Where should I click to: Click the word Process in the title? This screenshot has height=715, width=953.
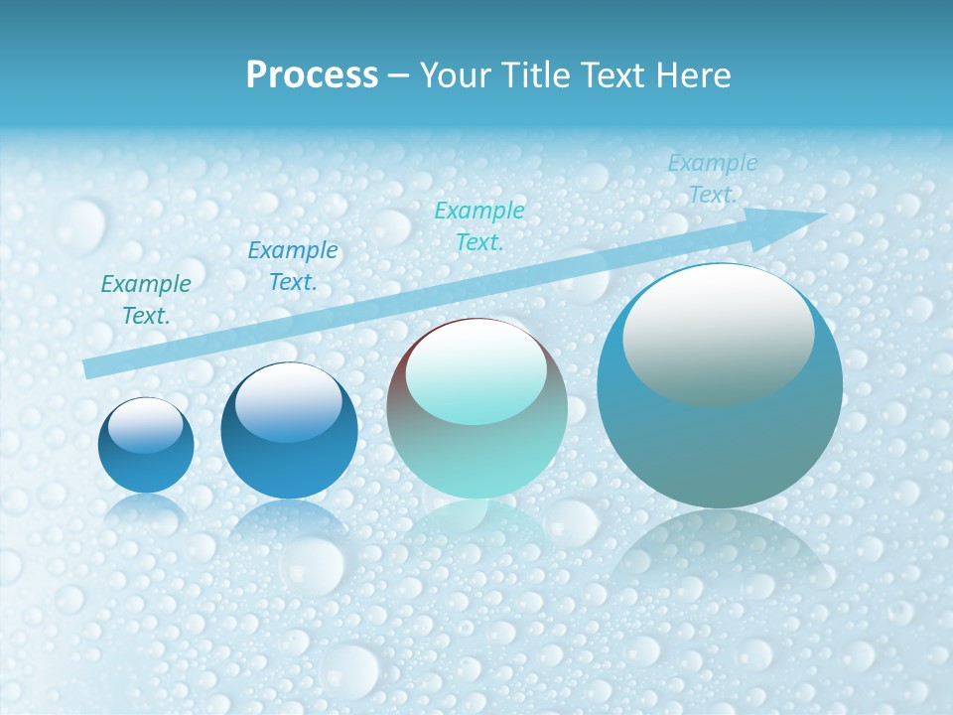click(312, 75)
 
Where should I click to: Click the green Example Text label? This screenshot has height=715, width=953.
click(146, 299)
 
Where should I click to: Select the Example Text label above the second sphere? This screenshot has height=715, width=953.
click(293, 266)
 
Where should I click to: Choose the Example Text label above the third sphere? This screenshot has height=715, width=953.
click(479, 225)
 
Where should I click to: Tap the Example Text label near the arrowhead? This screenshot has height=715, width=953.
click(712, 179)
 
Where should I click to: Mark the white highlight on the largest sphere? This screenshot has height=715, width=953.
click(718, 333)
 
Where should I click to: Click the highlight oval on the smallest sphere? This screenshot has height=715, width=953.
click(145, 425)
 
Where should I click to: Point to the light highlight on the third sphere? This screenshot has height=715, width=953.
click(476, 372)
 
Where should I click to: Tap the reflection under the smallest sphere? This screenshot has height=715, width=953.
click(146, 508)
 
